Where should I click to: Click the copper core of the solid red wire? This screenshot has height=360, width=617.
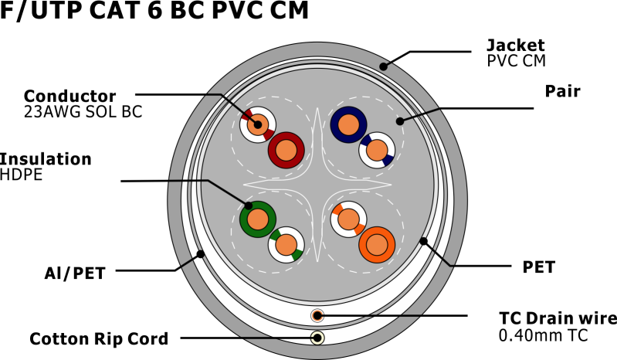286,151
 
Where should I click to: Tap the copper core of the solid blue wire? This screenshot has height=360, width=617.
348,125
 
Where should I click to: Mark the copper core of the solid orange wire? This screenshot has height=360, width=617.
377,245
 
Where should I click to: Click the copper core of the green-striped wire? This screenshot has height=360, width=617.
286,245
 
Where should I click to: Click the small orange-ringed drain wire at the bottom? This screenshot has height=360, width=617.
317,316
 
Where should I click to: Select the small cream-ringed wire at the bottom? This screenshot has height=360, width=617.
317,338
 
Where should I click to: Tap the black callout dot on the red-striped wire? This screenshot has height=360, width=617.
258,124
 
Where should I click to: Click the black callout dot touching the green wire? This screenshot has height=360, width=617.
248,205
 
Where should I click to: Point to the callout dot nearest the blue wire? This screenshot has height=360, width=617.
400,121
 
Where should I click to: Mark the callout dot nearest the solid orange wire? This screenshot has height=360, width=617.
423,241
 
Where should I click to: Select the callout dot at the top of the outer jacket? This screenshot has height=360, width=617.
383,66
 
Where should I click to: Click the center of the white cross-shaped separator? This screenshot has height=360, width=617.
317,185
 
